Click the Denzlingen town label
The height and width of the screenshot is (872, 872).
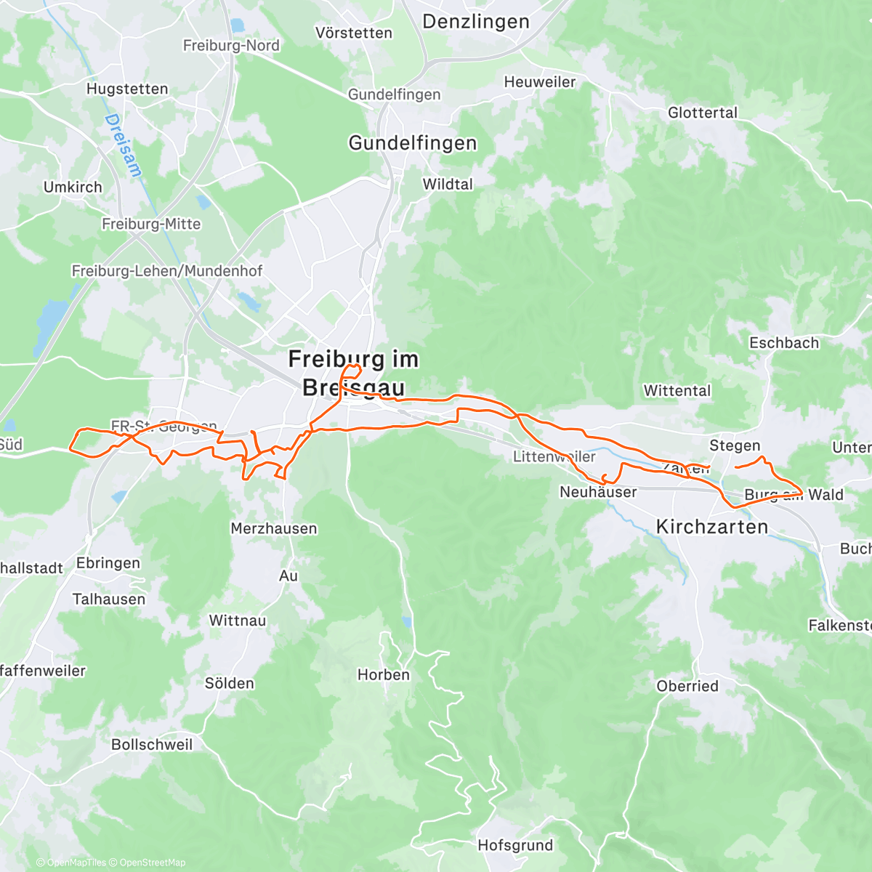click(x=476, y=22)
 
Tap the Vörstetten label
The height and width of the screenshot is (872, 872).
click(x=354, y=33)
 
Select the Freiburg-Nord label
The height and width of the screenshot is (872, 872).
click(x=231, y=46)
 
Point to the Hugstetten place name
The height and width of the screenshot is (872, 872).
click(x=127, y=89)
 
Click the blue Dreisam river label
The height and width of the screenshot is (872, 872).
click(x=124, y=145)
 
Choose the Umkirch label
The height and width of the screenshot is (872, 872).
click(x=73, y=187)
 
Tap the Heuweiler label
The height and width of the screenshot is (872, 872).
click(x=540, y=82)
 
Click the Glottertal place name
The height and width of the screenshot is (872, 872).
click(x=703, y=113)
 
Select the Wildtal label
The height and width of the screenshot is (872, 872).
click(x=448, y=185)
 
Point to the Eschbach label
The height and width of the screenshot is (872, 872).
click(x=784, y=343)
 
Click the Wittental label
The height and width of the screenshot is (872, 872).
click(x=677, y=391)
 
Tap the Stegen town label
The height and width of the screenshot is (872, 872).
click(x=735, y=445)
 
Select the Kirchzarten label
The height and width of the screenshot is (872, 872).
click(x=712, y=527)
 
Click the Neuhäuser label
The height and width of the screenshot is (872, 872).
click(x=598, y=492)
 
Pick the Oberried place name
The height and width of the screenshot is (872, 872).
click(x=687, y=686)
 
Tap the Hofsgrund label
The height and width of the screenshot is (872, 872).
click(x=515, y=845)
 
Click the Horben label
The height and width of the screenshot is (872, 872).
click(x=384, y=675)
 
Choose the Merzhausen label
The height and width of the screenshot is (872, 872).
click(x=274, y=529)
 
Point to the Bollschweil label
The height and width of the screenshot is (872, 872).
click(x=152, y=745)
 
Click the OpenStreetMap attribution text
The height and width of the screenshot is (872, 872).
click(x=153, y=863)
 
